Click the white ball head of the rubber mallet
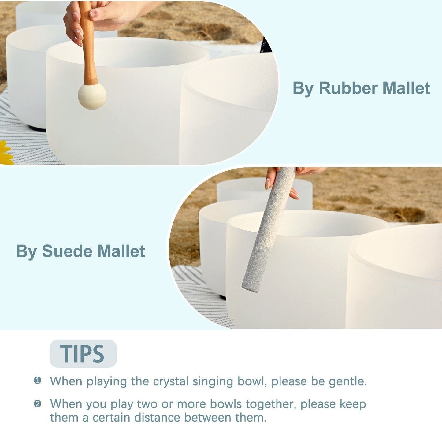point(92,96)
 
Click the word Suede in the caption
point(67,251)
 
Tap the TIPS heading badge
point(83,354)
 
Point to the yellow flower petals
point(6,153)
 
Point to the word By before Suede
point(26,251)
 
